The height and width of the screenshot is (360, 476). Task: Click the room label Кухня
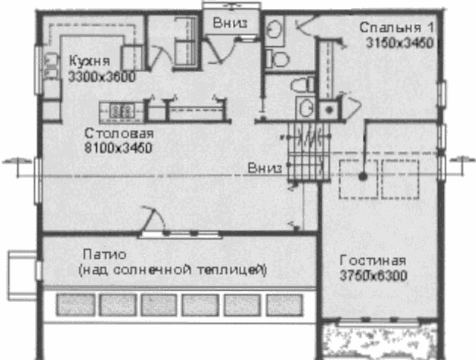coord(89,61)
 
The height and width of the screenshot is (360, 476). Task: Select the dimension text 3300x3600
coord(102,77)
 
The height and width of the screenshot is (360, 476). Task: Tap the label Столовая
coord(119,134)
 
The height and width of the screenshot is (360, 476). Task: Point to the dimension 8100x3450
coord(118,148)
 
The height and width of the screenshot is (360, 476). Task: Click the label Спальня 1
coord(397,28)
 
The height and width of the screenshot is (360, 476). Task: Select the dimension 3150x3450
coord(400,43)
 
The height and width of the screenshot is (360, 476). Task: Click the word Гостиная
coord(373,260)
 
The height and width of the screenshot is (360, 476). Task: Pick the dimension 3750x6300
coord(373,276)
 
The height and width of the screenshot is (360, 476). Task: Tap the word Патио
coord(105,254)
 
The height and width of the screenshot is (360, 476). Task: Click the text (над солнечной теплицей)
coord(173,270)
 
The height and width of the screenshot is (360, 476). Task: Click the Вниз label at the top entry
coord(230,23)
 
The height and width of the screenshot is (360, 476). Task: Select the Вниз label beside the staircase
coord(265,168)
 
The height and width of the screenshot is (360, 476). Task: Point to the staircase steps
coord(308,151)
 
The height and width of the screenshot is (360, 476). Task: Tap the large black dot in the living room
coord(363,176)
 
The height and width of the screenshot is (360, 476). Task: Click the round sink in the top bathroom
coord(274,30)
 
